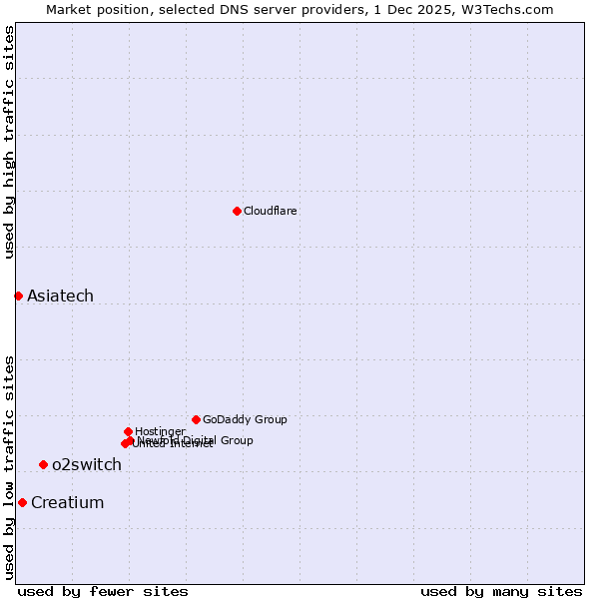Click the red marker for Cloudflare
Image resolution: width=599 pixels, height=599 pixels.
click(x=237, y=211)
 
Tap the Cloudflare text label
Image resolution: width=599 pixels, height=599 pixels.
click(x=271, y=211)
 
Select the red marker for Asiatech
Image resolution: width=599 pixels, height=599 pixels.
click(x=18, y=296)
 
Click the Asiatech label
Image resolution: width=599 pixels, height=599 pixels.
click(x=60, y=296)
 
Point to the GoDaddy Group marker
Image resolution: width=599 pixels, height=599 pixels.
click(x=196, y=419)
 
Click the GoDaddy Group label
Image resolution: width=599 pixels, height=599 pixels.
click(x=245, y=419)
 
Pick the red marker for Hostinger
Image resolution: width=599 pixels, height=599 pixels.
click(x=128, y=431)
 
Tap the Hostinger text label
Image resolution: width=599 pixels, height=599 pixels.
click(x=160, y=431)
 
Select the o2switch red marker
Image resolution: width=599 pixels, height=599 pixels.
click(x=43, y=464)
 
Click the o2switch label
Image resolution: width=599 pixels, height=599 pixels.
click(x=87, y=464)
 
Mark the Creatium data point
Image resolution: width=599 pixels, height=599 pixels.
click(x=22, y=502)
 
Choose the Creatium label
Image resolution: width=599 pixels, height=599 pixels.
click(x=67, y=502)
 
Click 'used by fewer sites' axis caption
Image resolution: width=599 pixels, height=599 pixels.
click(x=103, y=591)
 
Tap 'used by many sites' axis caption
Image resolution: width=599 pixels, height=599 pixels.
click(x=501, y=591)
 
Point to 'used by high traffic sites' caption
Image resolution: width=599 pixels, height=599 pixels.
click(x=9, y=142)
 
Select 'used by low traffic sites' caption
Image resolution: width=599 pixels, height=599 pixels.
click(x=9, y=466)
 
